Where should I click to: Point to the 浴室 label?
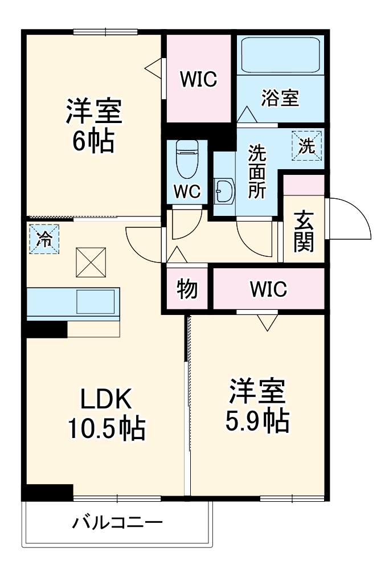point(280,97)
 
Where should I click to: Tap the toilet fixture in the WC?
point(186,159)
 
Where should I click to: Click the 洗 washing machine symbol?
point(307,146)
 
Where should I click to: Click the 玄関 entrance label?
point(304,231)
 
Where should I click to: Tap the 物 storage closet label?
point(187,289)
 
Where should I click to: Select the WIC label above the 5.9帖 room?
point(268,289)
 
